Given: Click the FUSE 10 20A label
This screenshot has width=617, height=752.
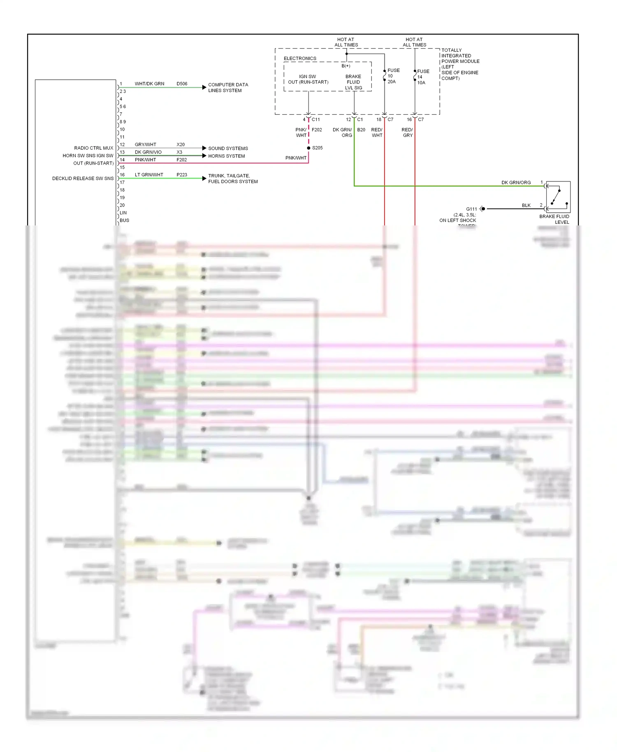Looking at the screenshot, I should tap(393, 76).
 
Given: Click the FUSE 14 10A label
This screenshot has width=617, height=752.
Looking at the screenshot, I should tap(422, 77).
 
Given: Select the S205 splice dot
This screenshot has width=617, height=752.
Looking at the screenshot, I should tap(308, 148).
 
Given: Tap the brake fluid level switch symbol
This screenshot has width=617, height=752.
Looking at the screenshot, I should tap(558, 197).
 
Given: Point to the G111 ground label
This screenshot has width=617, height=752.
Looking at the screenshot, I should tap(471, 209).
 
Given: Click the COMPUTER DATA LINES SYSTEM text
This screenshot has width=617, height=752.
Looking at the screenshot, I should tap(228, 88).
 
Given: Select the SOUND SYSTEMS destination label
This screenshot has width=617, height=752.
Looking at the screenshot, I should tap(228, 149).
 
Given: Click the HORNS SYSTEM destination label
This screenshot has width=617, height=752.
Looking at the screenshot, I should tap(226, 156).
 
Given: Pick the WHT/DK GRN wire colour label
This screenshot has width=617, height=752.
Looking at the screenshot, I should tap(149, 84).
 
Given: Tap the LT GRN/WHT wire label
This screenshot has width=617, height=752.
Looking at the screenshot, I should tap(149, 175).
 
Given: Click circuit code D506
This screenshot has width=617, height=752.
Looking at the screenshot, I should tap(182, 84).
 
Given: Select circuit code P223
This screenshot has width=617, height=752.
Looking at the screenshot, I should tap(182, 175).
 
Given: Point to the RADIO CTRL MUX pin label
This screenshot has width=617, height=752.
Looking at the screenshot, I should tap(93, 148).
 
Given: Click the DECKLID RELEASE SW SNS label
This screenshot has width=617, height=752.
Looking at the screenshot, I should tap(83, 179).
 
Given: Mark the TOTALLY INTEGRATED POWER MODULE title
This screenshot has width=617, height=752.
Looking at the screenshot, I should tap(460, 64).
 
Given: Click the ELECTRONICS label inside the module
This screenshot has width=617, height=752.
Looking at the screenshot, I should tap(300, 58).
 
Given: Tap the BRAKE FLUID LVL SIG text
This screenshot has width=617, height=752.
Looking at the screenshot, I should tap(353, 82).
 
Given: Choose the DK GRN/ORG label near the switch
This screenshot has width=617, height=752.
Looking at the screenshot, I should tap(516, 183).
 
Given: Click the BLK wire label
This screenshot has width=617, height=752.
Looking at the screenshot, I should tap(526, 205).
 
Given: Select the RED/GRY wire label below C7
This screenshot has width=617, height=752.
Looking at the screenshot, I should tap(407, 132).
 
